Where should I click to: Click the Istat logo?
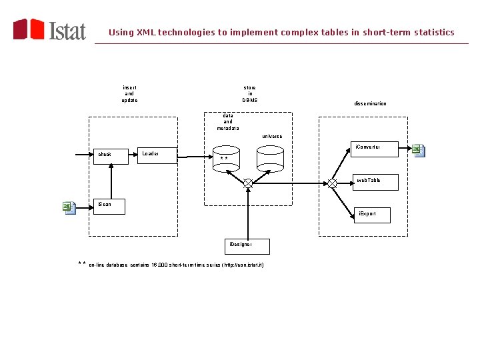(x=50, y=30)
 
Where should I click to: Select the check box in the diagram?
(x=110, y=155)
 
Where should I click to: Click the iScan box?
(x=110, y=205)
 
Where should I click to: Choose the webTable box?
(x=375, y=182)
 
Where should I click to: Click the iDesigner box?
(x=247, y=246)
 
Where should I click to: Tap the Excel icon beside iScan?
(x=69, y=207)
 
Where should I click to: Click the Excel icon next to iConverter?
(x=418, y=150)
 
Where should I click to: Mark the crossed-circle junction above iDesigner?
(x=248, y=183)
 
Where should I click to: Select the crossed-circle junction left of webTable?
(x=332, y=183)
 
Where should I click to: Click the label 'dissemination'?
(x=370, y=104)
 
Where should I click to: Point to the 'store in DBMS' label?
(x=249, y=94)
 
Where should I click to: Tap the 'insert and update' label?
(x=129, y=94)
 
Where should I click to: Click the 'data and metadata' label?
(x=228, y=122)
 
